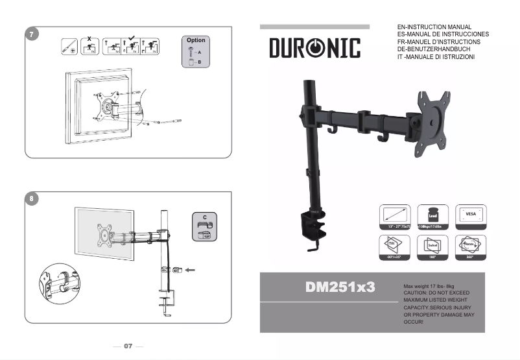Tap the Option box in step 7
[196, 51]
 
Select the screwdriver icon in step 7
[67, 47]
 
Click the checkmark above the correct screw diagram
[131, 38]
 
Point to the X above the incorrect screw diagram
[89, 38]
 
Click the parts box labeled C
[204, 226]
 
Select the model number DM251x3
[340, 287]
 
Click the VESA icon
[471, 216]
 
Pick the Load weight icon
[432, 216]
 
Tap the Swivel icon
[432, 247]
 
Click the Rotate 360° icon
[471, 247]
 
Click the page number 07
[128, 346]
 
